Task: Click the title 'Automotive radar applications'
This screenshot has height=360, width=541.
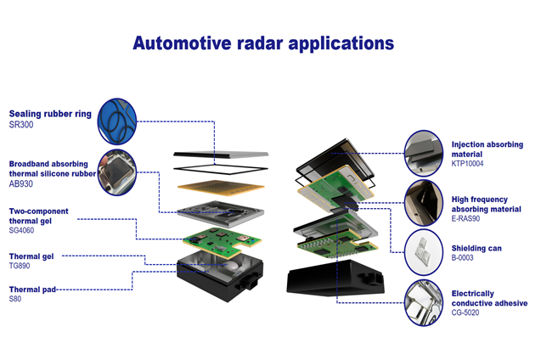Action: point(262,42)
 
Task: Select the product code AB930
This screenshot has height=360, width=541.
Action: point(22,183)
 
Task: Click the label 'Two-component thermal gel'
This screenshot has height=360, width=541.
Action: point(38,216)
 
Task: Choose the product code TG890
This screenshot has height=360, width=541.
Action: point(21,265)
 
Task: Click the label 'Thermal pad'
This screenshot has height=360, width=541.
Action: point(32,290)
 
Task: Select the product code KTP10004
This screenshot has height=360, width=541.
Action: point(467,164)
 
